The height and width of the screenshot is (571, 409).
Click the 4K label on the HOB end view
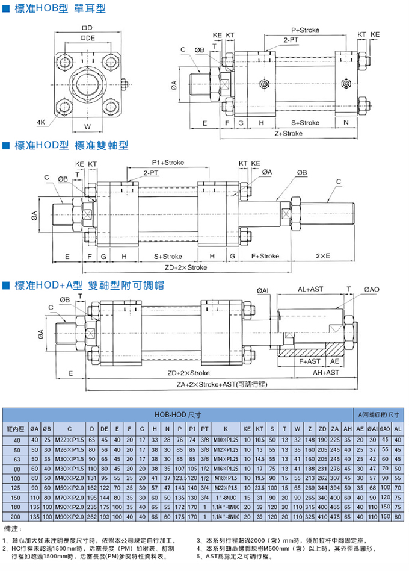tap(41, 122)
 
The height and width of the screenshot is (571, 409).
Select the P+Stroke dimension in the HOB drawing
tap(304, 30)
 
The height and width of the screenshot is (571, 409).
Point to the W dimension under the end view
tap(87, 127)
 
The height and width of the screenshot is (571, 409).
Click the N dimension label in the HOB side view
tap(346, 122)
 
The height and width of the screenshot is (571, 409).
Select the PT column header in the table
tap(205, 428)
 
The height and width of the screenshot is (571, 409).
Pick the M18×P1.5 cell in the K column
tap(225, 477)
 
